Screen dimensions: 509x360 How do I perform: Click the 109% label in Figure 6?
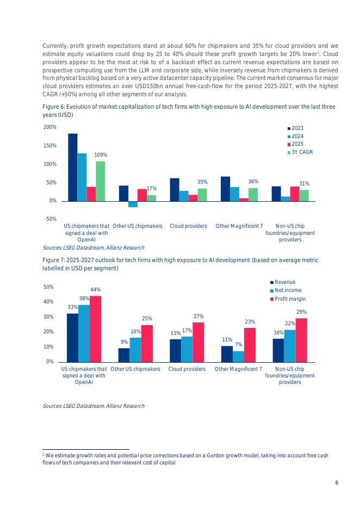click(x=101, y=155)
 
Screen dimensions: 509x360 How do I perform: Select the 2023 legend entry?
click(x=297, y=128)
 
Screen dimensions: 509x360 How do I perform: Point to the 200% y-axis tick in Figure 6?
click(x=49, y=127)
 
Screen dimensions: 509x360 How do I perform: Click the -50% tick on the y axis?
click(x=49, y=219)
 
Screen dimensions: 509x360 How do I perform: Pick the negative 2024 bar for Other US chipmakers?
click(x=133, y=204)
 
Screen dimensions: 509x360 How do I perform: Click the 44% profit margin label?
click(x=96, y=290)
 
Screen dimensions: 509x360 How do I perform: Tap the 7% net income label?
click(x=238, y=345)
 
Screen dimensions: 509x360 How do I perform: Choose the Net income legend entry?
click(x=288, y=290)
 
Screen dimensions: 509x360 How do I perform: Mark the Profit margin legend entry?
click(x=290, y=299)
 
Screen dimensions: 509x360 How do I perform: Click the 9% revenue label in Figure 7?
click(x=124, y=342)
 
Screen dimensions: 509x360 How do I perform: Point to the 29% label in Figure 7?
click(x=301, y=312)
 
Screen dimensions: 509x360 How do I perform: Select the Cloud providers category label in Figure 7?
click(x=187, y=369)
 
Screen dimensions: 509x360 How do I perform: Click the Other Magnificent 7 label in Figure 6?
click(x=239, y=226)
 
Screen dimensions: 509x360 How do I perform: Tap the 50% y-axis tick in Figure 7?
click(x=48, y=287)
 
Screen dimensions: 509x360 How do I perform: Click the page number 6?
click(x=337, y=483)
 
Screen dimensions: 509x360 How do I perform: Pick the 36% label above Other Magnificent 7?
click(x=253, y=182)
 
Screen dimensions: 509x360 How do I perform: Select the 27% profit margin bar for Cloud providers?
click(x=198, y=342)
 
